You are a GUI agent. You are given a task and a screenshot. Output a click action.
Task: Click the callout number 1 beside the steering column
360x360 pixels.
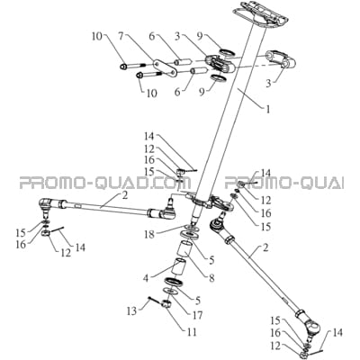pyautogui.click(x=267, y=109)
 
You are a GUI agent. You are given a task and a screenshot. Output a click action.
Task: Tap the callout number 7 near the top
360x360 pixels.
pyautogui.click(x=121, y=38)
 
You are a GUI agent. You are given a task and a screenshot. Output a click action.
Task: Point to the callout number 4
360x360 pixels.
pyautogui.click(x=146, y=277)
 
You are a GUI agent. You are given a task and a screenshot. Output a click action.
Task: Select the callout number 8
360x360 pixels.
pyautogui.click(x=211, y=278)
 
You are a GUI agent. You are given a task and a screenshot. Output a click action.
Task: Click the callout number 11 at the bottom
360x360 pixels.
pyautogui.click(x=192, y=332)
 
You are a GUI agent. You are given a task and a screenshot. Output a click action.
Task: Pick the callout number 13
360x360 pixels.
pyautogui.click(x=131, y=310)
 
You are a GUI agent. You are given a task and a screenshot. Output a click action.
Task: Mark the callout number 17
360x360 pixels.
pyautogui.click(x=197, y=315)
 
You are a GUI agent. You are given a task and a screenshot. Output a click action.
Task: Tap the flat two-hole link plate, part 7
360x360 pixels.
pyautogui.click(x=164, y=68)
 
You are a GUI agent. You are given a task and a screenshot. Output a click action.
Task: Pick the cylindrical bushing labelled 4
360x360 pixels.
pyautogui.click(x=178, y=265)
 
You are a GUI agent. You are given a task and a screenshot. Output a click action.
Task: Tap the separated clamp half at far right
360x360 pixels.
pyautogui.click(x=281, y=59)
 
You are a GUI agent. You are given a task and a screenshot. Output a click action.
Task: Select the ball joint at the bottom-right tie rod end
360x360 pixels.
pyautogui.click(x=311, y=326)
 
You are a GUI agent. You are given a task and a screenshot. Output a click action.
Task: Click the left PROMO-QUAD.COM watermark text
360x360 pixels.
pyautogui.click(x=105, y=183)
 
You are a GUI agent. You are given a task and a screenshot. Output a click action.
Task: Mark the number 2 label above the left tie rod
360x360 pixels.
pyautogui.click(x=125, y=195)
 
